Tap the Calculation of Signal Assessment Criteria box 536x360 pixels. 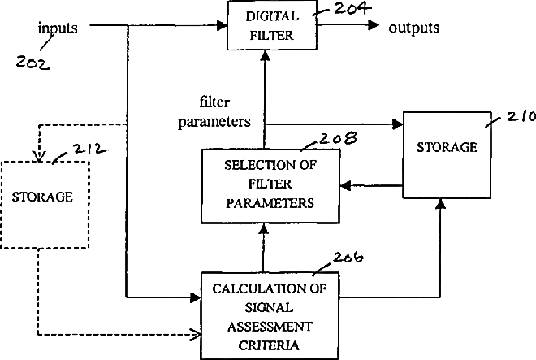coord(271,316)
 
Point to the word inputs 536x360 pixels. coord(58,28)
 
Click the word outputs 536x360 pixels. coord(413,28)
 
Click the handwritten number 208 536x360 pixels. coord(318,139)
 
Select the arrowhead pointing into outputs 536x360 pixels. coord(374,26)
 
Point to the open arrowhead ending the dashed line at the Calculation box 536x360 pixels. coord(196,333)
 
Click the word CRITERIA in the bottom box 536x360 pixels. coord(270,345)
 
